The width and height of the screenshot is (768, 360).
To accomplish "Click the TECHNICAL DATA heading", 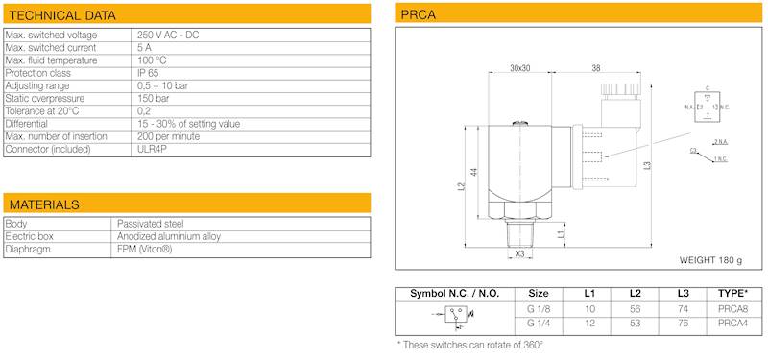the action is tap(62, 15).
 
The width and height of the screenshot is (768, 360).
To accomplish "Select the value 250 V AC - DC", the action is tap(169, 36).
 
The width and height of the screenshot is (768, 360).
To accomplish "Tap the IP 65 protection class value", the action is tap(148, 73).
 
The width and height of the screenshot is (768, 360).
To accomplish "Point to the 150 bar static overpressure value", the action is tap(154, 99).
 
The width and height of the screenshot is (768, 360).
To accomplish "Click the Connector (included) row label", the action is tap(48, 150).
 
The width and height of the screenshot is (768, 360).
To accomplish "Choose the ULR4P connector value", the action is tap(152, 150).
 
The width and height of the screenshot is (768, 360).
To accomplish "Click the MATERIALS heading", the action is tap(44, 204).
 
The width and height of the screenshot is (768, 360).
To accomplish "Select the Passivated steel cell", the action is tap(151, 224).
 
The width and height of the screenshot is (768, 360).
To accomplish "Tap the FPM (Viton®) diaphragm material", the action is tap(145, 250).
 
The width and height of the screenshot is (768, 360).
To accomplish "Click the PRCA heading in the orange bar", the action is tap(419, 15).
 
